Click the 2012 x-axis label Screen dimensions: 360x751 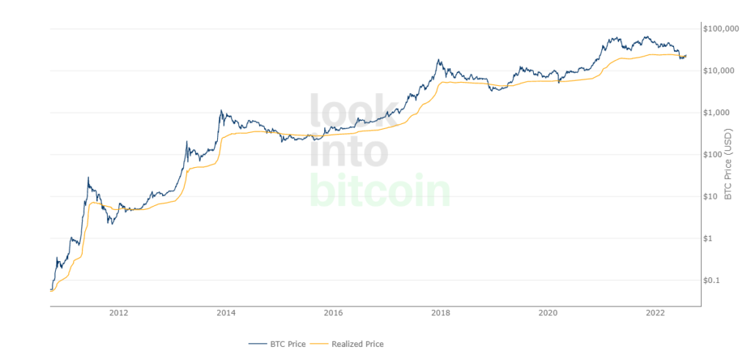coord(119,313)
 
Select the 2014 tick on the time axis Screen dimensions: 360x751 coord(226,313)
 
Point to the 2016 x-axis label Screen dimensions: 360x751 coord(333,313)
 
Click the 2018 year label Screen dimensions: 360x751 coord(441,313)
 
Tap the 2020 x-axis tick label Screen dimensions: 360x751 coord(548,313)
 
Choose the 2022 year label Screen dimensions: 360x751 coord(655,313)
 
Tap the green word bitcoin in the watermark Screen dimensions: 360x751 coord(379,191)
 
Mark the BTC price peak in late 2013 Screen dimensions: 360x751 coord(221,111)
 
